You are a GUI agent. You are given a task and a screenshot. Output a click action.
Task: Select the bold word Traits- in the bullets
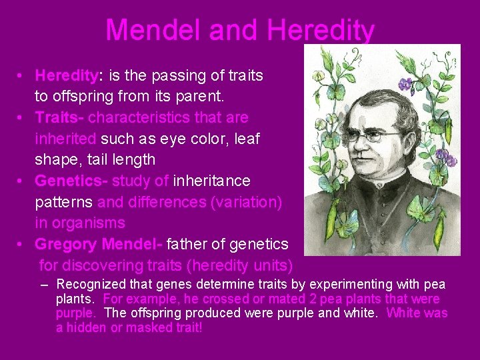[59, 117]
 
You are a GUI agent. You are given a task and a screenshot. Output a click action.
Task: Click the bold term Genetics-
[71, 181]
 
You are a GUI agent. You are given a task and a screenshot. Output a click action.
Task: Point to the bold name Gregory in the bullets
[65, 244]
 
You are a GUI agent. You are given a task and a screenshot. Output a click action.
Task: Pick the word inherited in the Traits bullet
[66, 139]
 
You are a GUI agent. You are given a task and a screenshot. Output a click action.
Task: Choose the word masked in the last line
[157, 327]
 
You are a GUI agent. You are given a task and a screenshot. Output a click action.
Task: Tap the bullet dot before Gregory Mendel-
[21, 245]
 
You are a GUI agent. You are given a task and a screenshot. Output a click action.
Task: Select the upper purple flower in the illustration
[405, 84]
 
